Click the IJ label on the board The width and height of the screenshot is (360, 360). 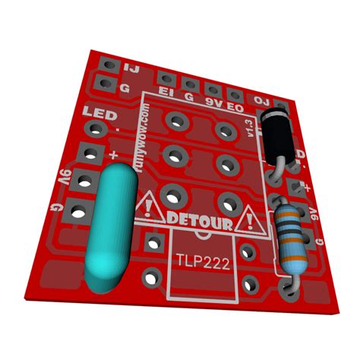tap(130, 69)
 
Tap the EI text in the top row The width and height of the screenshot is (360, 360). tap(165, 92)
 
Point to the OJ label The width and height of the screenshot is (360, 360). tap(262, 100)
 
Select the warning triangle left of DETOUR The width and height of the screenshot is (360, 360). tap(147, 204)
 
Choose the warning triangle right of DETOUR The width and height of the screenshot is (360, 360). tap(245, 221)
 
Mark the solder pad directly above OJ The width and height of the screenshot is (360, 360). tap(283, 105)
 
